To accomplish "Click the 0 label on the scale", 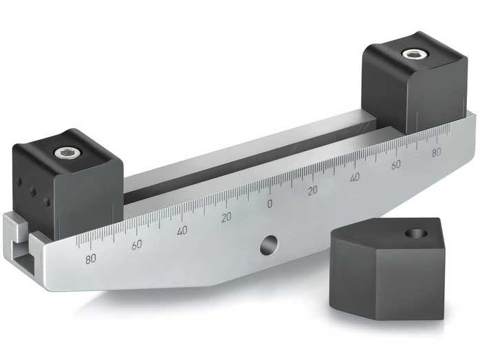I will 270,203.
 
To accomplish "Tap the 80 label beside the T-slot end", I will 90,260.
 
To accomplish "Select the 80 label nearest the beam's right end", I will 437,153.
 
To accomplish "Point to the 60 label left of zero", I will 137,245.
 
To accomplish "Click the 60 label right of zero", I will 396,166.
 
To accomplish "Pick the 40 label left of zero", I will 182,231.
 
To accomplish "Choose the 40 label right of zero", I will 354,178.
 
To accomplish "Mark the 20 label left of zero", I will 226,217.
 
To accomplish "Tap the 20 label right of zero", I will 312,190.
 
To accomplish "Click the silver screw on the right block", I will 413,54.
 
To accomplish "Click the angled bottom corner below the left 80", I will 52,279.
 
